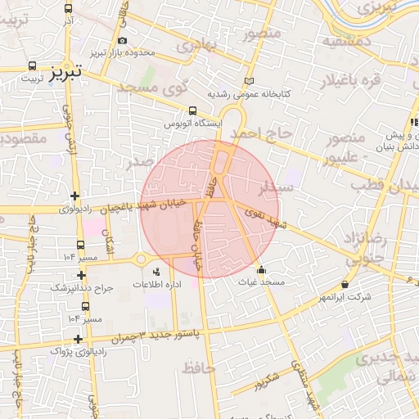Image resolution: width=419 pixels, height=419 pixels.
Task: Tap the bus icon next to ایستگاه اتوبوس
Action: tap(193, 110)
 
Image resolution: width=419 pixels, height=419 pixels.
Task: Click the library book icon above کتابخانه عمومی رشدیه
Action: tap(250, 81)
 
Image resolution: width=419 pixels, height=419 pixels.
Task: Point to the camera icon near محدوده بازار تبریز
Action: tap(122, 40)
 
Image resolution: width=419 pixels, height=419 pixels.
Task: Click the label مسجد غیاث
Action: tap(261, 282)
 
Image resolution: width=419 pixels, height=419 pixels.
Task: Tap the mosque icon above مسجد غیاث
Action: tap(261, 270)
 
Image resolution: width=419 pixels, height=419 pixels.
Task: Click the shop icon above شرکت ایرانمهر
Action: tap(345, 284)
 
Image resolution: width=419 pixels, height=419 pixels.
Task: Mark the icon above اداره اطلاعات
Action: tap(156, 270)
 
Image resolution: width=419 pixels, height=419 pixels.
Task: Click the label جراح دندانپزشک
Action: tap(81, 289)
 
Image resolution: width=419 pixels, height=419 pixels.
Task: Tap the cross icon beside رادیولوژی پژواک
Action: tap(78, 338)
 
